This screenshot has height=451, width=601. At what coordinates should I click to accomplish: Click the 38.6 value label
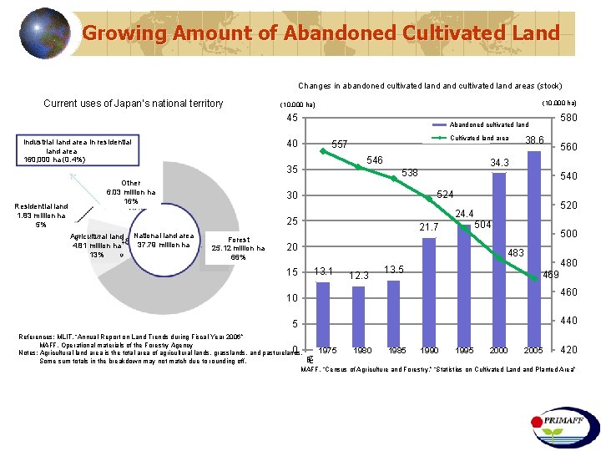pyautogui.click(x=534, y=140)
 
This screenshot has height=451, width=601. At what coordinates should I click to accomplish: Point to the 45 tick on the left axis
pyautogui.click(x=292, y=118)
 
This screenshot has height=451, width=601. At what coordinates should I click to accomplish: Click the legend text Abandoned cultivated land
pyautogui.click(x=488, y=124)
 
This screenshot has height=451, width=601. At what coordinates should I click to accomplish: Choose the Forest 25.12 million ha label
pyautogui.click(x=238, y=248)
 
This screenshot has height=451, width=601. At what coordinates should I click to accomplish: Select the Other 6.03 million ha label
pyautogui.click(x=131, y=192)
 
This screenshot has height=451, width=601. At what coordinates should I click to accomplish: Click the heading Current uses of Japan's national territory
pyautogui.click(x=134, y=104)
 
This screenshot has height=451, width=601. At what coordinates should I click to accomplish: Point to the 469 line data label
pyautogui.click(x=551, y=275)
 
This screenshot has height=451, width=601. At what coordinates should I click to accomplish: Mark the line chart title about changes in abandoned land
pyautogui.click(x=430, y=85)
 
